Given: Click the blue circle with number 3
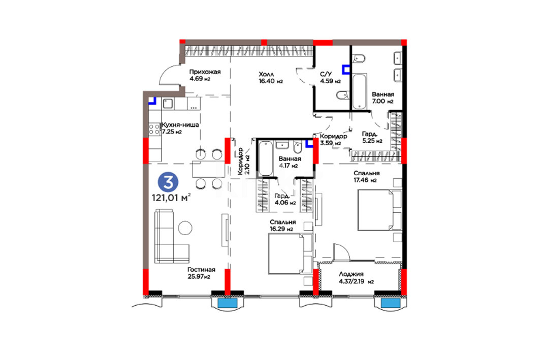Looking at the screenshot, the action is click(168, 182).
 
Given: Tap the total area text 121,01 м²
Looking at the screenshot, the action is click(172, 198).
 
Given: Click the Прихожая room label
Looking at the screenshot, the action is click(205, 72).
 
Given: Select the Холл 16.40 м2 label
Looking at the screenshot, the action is click(271, 78).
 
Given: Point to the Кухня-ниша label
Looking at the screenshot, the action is click(180, 125).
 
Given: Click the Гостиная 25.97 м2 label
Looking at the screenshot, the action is click(202, 273).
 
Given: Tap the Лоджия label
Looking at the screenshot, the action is click(351, 274).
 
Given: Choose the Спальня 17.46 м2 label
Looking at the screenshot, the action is click(367, 177).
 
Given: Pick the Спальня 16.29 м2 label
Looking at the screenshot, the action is click(283, 225).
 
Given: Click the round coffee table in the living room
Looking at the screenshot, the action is click(185, 227).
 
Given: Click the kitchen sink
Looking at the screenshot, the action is click(168, 103).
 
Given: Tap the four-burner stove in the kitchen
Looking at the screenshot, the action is click(154, 129).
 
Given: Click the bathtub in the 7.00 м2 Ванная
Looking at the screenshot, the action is click(359, 91).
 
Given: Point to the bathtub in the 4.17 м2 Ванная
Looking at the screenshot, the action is click(266, 158).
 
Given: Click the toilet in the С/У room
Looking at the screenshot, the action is click(342, 95).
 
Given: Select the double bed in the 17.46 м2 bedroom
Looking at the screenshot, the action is click(379, 210).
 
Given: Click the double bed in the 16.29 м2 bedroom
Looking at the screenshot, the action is click(290, 254).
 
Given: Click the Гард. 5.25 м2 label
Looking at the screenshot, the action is click(372, 137).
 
